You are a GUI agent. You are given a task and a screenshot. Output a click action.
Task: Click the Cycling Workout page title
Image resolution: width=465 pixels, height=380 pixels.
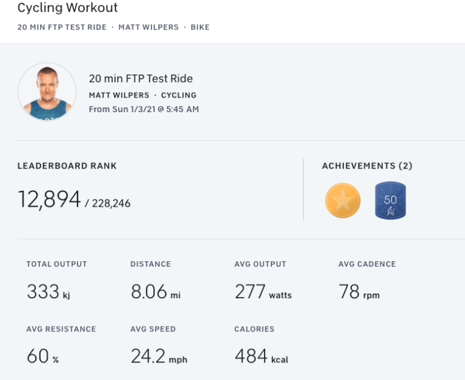point(67,8)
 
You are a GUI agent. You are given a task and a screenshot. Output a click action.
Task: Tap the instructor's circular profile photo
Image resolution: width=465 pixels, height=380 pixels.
point(47,92)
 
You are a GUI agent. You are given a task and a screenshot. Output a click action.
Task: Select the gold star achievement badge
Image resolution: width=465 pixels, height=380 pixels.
point(343,201)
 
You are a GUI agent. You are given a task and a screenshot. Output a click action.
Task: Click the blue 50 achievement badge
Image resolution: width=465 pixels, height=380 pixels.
point(390,201)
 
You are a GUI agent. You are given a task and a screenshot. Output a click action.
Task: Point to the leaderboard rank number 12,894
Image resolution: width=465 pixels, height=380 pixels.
point(49,199)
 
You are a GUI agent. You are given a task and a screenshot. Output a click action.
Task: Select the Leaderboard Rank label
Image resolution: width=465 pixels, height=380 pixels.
point(67,166)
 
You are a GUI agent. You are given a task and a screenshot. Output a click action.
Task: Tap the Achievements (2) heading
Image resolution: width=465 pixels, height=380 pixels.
point(367,166)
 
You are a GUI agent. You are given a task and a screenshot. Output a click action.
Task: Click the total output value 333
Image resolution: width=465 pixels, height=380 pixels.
point(43,292)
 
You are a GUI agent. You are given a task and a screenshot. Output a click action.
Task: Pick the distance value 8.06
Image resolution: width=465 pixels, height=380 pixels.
point(149,292)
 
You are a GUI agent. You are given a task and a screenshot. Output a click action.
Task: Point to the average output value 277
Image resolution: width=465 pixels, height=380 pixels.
point(250,292)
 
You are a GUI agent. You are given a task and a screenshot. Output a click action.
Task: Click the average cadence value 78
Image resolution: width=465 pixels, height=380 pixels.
point(349,292)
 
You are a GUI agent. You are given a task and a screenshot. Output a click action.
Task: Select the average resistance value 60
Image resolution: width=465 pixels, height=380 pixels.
point(38,356)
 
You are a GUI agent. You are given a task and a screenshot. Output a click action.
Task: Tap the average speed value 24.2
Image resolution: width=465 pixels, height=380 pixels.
point(148,356)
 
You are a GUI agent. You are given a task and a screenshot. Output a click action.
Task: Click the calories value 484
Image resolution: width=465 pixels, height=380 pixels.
point(251,356)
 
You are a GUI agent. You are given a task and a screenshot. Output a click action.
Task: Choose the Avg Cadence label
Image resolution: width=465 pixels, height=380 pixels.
point(367,264)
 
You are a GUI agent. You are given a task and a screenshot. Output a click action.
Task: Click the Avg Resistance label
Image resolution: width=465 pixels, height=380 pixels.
point(61,329)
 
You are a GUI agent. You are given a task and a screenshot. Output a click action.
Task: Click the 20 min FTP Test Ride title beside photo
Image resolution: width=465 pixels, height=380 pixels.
point(140,79)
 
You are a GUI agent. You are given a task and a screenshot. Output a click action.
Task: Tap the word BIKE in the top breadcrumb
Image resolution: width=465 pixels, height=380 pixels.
point(200,27)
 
